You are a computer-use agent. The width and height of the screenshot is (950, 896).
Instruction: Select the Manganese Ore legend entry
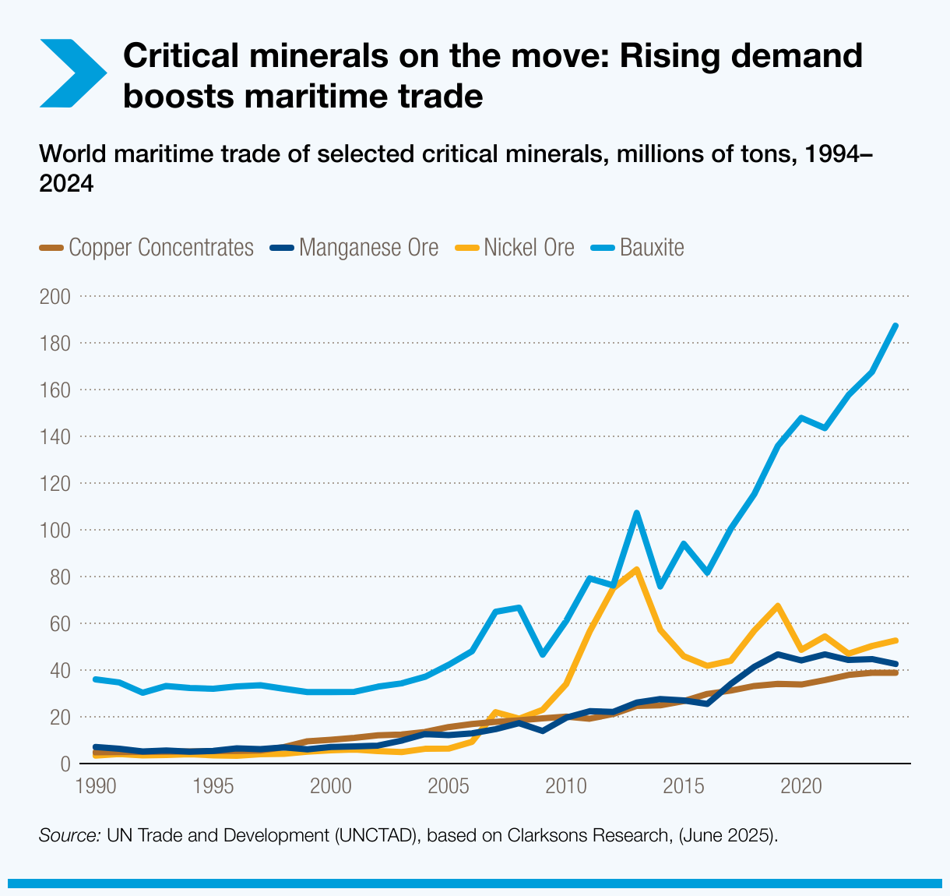tap(354, 248)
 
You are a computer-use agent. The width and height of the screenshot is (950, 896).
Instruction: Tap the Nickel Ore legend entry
tap(515, 248)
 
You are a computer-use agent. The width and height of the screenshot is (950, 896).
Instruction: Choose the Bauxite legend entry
tap(638, 248)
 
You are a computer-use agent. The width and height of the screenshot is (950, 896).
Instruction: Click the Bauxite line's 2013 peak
tap(636, 513)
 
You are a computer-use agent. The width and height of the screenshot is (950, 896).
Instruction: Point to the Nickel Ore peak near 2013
tap(636, 570)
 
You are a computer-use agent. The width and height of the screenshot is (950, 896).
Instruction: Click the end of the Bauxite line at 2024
tap(895, 326)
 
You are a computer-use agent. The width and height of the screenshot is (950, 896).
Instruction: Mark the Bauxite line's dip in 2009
tap(542, 654)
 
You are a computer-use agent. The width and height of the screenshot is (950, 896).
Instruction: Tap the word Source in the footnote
tap(69, 836)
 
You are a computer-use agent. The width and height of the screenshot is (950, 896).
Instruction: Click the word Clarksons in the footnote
tap(551, 836)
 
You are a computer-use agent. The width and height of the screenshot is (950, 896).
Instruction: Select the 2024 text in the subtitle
tap(66, 184)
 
